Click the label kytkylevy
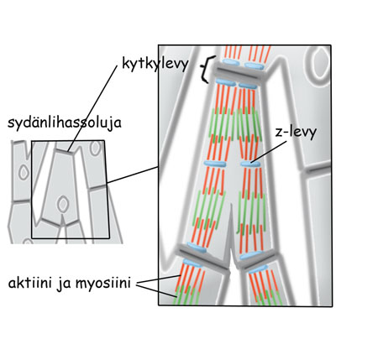(x=155, y=65)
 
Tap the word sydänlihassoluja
(x=65, y=123)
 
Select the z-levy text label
(x=296, y=133)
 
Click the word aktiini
(x=30, y=283)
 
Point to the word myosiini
(x=103, y=284)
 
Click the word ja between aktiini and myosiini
(x=64, y=284)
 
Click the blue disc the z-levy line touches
(x=250, y=164)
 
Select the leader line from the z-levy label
(x=269, y=151)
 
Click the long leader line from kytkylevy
(x=92, y=109)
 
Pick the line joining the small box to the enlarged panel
(x=132, y=175)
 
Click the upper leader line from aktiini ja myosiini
(x=158, y=279)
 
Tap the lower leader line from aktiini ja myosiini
(x=157, y=290)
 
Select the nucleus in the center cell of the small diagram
(x=62, y=204)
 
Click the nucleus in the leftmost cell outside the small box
(x=24, y=172)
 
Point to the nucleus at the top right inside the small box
(x=95, y=148)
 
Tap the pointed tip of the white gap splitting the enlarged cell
(x=232, y=205)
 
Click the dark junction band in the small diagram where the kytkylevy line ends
(x=65, y=152)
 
